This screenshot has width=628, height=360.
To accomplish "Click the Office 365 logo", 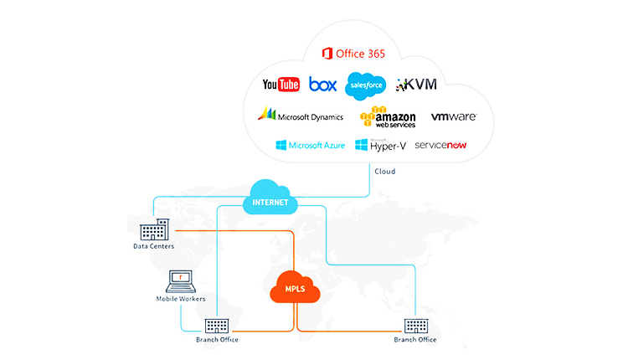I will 353,54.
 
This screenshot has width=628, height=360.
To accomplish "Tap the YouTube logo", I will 281,85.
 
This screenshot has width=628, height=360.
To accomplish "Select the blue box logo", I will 322,85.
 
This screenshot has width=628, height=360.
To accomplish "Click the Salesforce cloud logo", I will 366,85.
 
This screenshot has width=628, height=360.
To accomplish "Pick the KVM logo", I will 416,85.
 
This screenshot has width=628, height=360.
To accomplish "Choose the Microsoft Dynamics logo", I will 299,116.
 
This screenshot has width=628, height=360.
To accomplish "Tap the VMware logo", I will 453,116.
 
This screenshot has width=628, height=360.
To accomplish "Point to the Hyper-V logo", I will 380,146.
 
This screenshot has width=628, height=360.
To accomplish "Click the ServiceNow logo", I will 440,146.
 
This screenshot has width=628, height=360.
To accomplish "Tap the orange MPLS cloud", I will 296,290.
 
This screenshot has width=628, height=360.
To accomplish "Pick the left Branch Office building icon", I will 217,327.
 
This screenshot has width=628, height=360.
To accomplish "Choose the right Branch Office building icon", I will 415,327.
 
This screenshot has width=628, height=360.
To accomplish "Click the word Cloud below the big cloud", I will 385,172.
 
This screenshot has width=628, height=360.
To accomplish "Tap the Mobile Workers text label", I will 180,299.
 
